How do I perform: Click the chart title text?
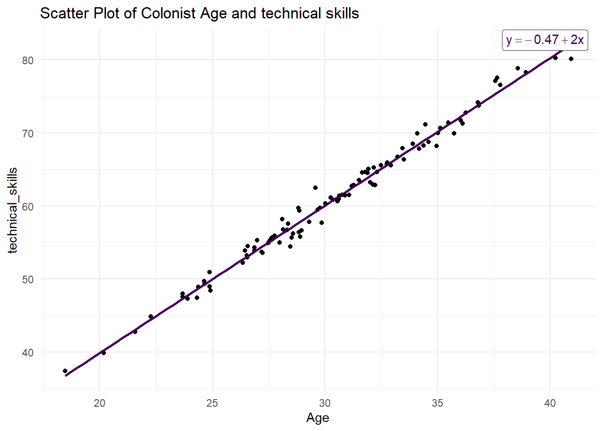199,13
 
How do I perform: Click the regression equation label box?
545,40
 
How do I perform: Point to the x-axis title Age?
318,418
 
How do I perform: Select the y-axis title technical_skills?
13,211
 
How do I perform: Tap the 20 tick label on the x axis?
100,403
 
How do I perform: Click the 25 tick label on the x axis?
212,403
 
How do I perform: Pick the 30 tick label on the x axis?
325,403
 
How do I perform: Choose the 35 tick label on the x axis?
437,403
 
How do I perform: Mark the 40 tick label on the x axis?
550,403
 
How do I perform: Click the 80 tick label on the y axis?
28,60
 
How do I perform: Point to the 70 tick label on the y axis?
28,133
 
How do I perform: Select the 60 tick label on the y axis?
28,207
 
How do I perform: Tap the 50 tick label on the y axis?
28,279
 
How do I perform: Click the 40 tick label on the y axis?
28,352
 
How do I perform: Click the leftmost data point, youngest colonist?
65,371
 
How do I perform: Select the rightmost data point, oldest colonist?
571,59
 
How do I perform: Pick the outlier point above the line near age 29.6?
315,188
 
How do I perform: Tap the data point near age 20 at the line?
104,353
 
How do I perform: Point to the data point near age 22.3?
151,317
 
